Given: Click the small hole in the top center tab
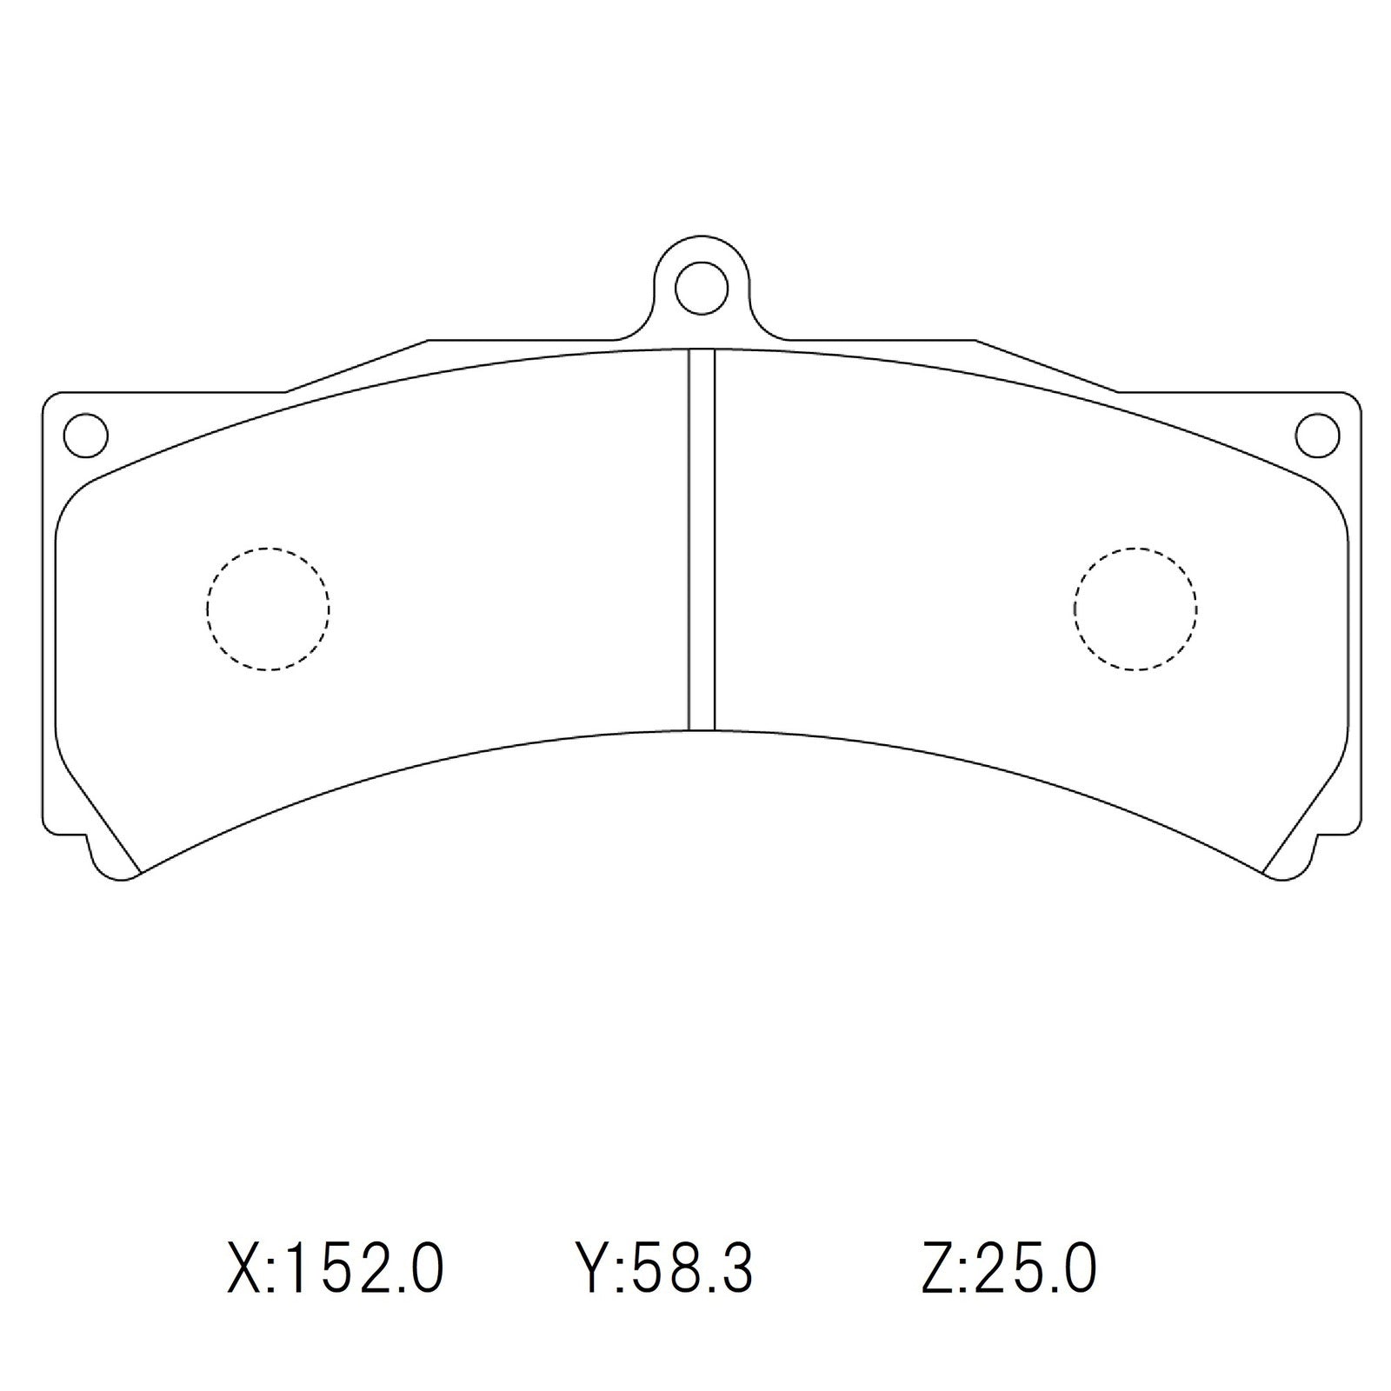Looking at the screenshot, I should [702, 287].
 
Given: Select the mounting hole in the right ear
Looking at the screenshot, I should [1317, 434].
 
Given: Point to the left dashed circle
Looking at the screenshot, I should [268, 609].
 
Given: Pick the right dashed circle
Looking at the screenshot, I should [1135, 609].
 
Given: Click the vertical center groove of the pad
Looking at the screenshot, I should [702, 539].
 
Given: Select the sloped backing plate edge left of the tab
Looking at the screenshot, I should [356, 366].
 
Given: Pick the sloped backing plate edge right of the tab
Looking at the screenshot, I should [1047, 366].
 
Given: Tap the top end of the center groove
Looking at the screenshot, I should [702, 352].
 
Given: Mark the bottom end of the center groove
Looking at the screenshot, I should [702, 729].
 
